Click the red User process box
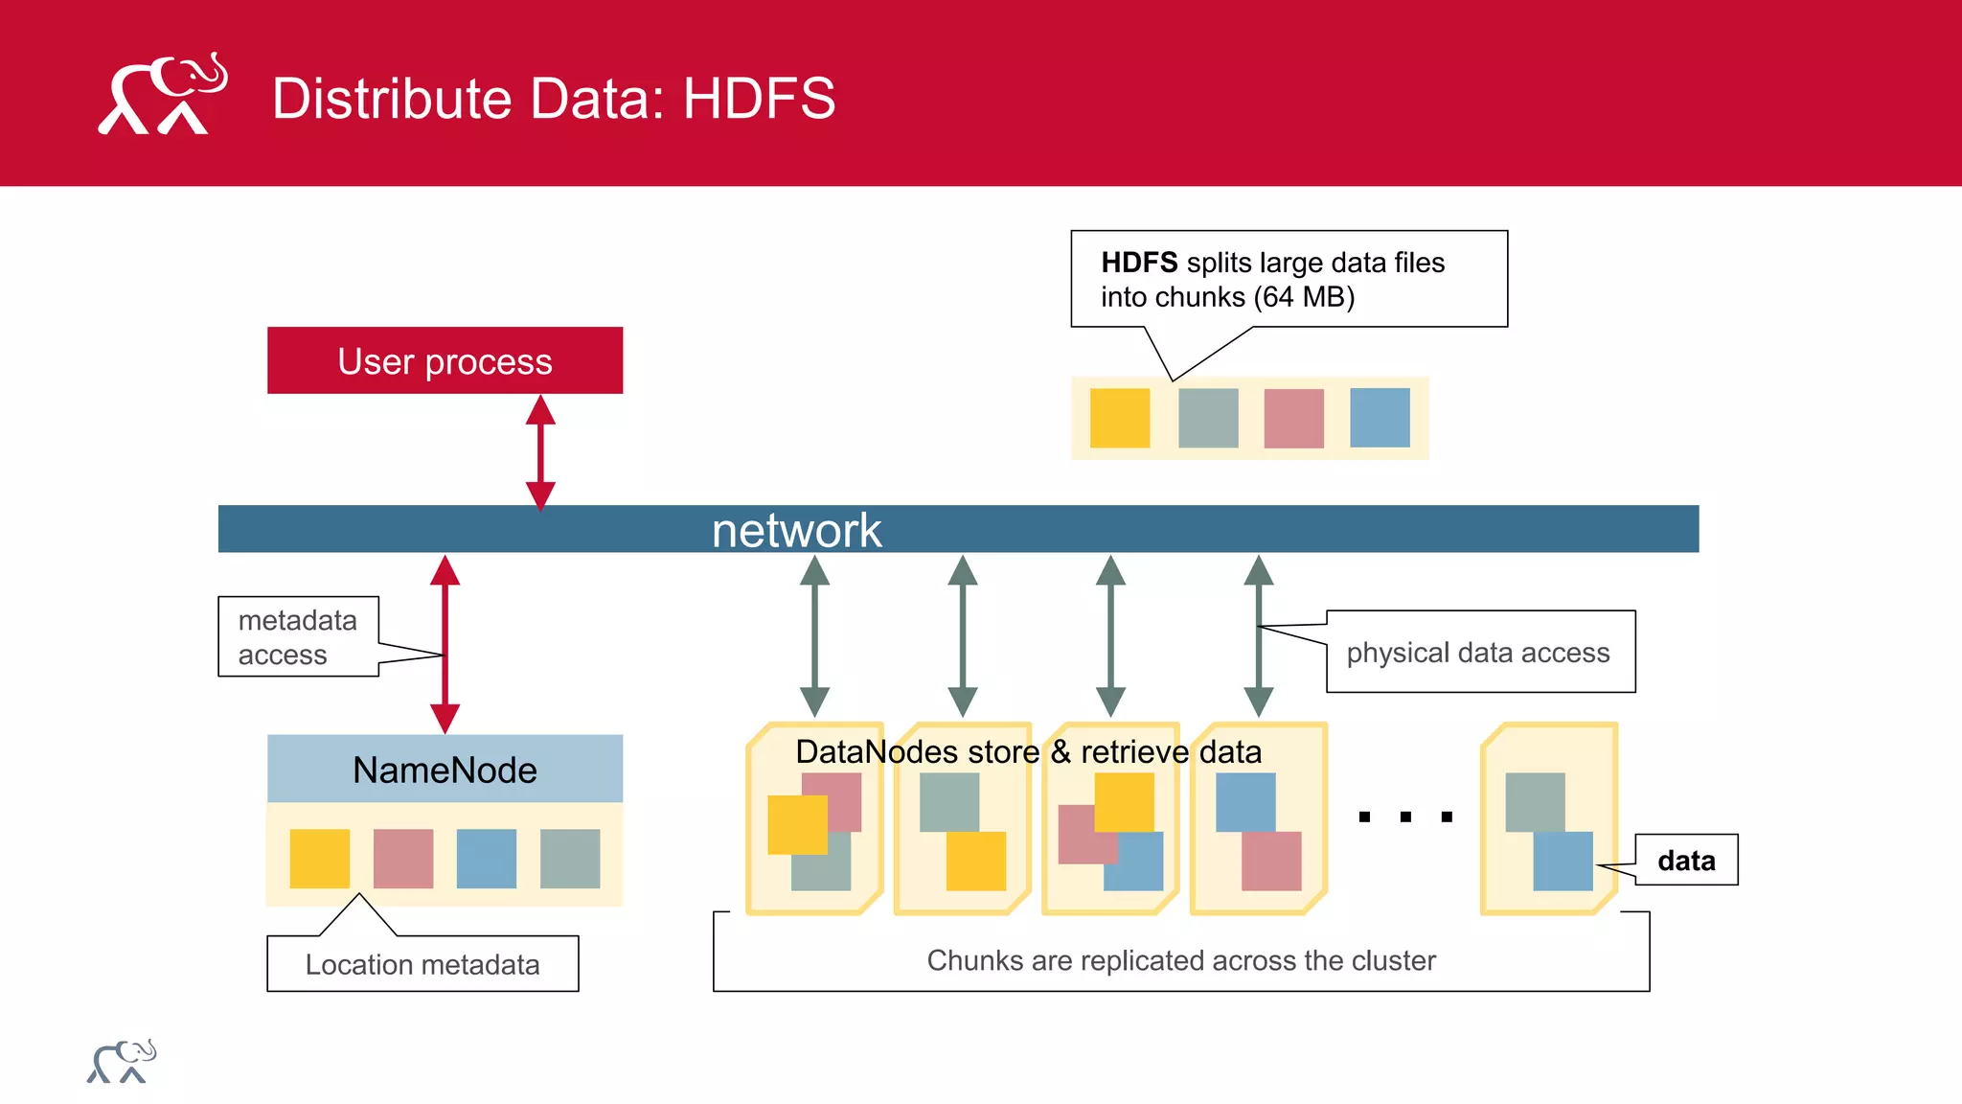pos(445,360)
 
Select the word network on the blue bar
pos(796,530)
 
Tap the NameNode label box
pos(445,769)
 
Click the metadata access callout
pos(298,636)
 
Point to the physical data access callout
pos(1479,652)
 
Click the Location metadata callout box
pos(422,963)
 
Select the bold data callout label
pos(1686,860)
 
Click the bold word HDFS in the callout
pos(1138,263)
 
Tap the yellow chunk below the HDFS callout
pos(1119,418)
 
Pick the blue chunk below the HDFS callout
pos(1380,418)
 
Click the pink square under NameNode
pos(402,858)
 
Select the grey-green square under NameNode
pos(570,858)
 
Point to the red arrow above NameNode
pos(445,644)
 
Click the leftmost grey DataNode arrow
pos(814,636)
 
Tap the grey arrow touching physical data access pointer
pos(1258,636)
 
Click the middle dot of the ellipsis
pos(1405,816)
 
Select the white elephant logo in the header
pos(162,94)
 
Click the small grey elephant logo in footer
pos(122,1061)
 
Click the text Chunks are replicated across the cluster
pos(1180,960)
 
